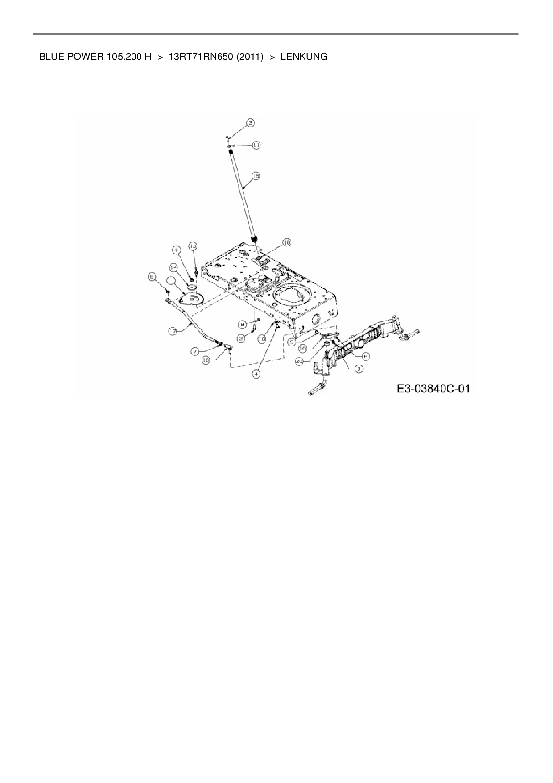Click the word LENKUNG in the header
[x=304, y=57]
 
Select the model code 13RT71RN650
[x=202, y=57]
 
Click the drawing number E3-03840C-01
[x=434, y=389]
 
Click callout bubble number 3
[x=251, y=122]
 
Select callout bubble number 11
[x=257, y=145]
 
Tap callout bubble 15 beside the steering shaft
[x=256, y=176]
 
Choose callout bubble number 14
[x=173, y=267]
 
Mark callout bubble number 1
[x=170, y=279]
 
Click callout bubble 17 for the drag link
[x=173, y=331]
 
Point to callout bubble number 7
[x=195, y=351]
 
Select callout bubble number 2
[x=241, y=338]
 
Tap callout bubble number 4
[x=256, y=374]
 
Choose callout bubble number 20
[x=299, y=362]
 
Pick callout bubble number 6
[x=366, y=356]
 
